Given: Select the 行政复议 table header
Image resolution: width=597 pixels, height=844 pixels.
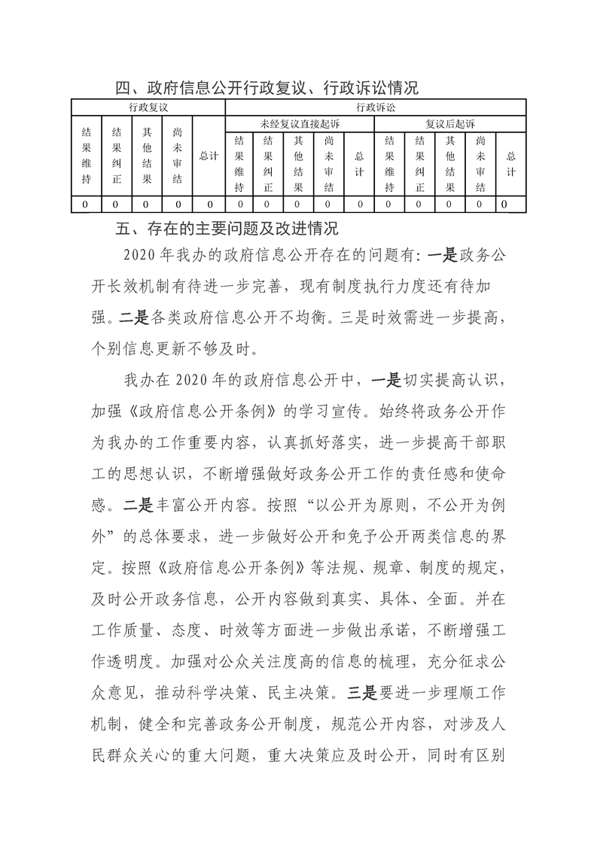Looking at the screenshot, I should point(148,108).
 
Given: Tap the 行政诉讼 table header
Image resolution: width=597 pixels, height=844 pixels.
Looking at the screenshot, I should point(375,108).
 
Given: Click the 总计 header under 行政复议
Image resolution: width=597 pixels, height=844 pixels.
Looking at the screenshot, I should point(209,156).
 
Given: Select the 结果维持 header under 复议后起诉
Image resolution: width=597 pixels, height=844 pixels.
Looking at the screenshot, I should point(389,163).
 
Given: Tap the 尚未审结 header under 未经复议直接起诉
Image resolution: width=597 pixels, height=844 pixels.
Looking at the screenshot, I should point(329,163).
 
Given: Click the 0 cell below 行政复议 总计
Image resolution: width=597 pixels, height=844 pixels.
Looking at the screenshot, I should point(209,204).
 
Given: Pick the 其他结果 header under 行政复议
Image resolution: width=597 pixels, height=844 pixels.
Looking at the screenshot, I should point(148,156).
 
